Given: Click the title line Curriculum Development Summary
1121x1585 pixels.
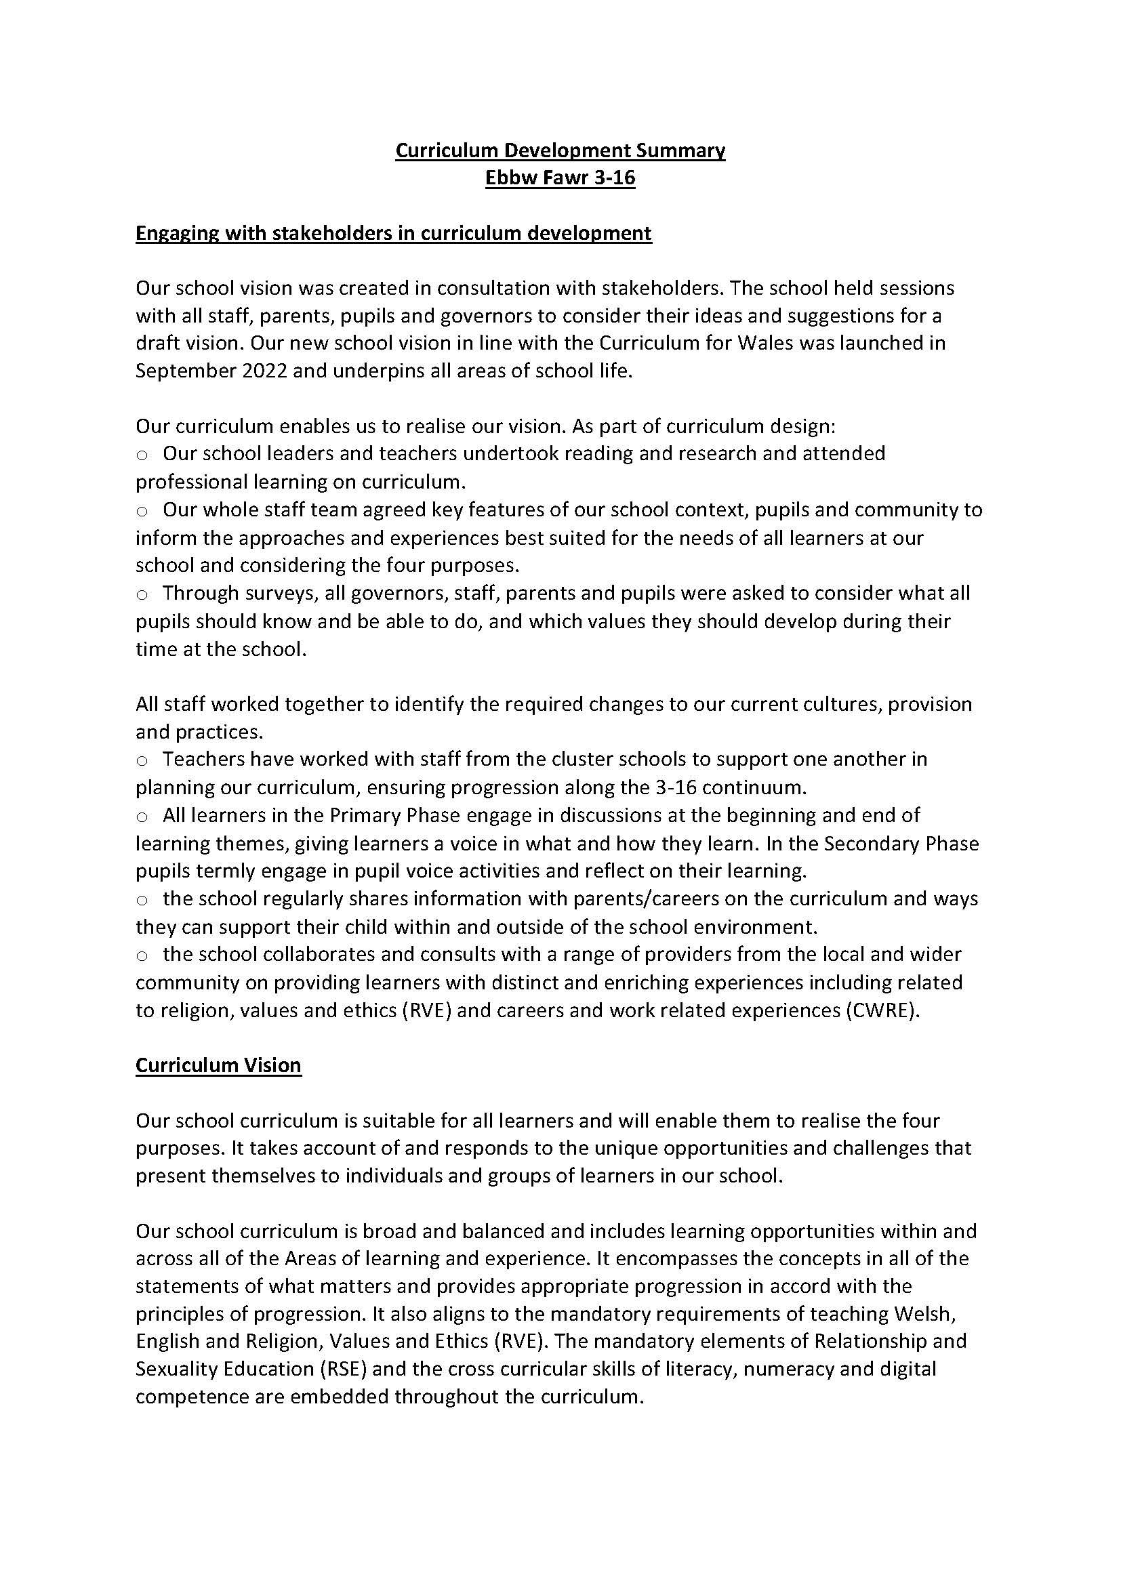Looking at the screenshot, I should [x=560, y=150].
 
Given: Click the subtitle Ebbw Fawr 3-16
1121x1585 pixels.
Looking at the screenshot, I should [x=560, y=178].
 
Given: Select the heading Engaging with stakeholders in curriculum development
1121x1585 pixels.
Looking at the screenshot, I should [x=393, y=233].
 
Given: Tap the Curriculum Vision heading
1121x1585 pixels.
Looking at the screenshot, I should [x=218, y=1065].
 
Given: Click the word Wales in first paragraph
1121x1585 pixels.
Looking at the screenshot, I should [x=765, y=343].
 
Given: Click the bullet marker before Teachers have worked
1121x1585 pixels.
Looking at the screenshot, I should [x=142, y=761].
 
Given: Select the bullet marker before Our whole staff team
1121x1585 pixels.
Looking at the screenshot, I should [x=142, y=512].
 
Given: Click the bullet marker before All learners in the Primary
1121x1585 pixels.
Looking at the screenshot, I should [x=142, y=817].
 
